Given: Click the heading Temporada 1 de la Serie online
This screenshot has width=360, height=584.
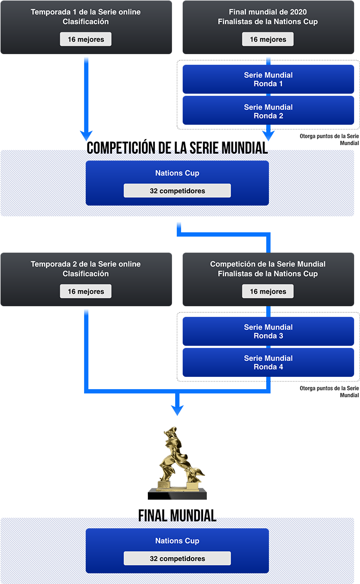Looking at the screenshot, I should click(86, 12).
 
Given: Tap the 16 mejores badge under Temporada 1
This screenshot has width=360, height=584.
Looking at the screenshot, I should click(86, 39).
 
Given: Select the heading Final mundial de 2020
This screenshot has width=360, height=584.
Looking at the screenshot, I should click(268, 12).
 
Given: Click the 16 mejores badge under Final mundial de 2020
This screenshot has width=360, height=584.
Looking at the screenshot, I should click(268, 39).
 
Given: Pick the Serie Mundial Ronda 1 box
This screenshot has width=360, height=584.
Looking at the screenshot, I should click(268, 79).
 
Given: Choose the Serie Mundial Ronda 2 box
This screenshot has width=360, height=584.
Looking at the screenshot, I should click(268, 111).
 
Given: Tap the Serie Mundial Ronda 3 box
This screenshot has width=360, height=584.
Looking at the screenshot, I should click(268, 331).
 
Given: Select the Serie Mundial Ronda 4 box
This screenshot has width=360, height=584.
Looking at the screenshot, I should click(268, 362).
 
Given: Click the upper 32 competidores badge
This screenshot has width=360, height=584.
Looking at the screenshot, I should click(177, 191).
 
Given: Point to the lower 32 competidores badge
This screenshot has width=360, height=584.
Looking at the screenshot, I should click(177, 558).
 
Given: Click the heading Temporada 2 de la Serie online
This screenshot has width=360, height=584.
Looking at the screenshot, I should click(86, 264).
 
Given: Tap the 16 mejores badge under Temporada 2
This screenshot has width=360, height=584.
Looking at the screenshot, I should click(86, 291).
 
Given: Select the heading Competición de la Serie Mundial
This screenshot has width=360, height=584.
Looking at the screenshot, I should click(268, 264).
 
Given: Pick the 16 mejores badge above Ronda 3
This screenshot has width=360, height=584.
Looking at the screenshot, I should click(268, 291).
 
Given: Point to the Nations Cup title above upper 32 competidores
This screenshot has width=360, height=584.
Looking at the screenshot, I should click(177, 173).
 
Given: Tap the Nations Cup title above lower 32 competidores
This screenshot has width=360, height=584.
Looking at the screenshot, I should click(177, 541).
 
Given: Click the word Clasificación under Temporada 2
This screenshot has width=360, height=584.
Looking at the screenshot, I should click(86, 274).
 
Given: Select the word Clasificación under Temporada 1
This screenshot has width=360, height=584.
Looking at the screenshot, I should click(86, 22).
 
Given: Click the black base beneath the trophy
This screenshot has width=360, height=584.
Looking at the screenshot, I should click(177, 497).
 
